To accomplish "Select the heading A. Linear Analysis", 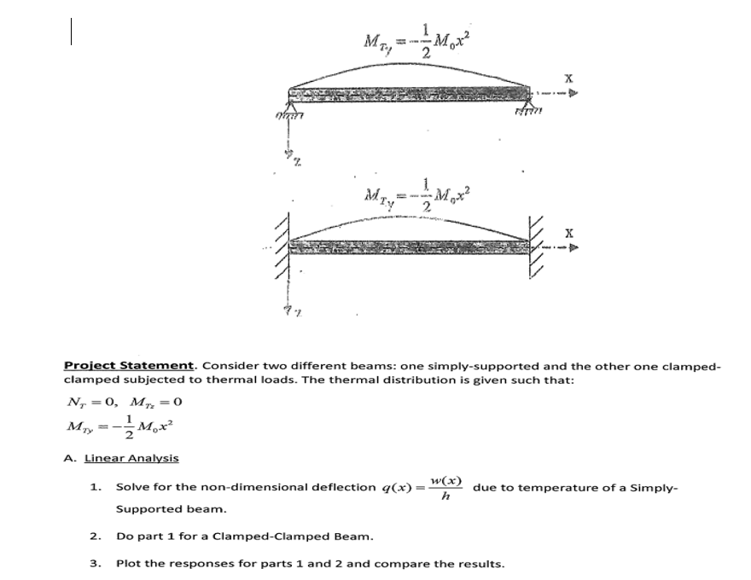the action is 121,458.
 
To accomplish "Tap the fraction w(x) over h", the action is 445,489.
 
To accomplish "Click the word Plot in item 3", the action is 127,564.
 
